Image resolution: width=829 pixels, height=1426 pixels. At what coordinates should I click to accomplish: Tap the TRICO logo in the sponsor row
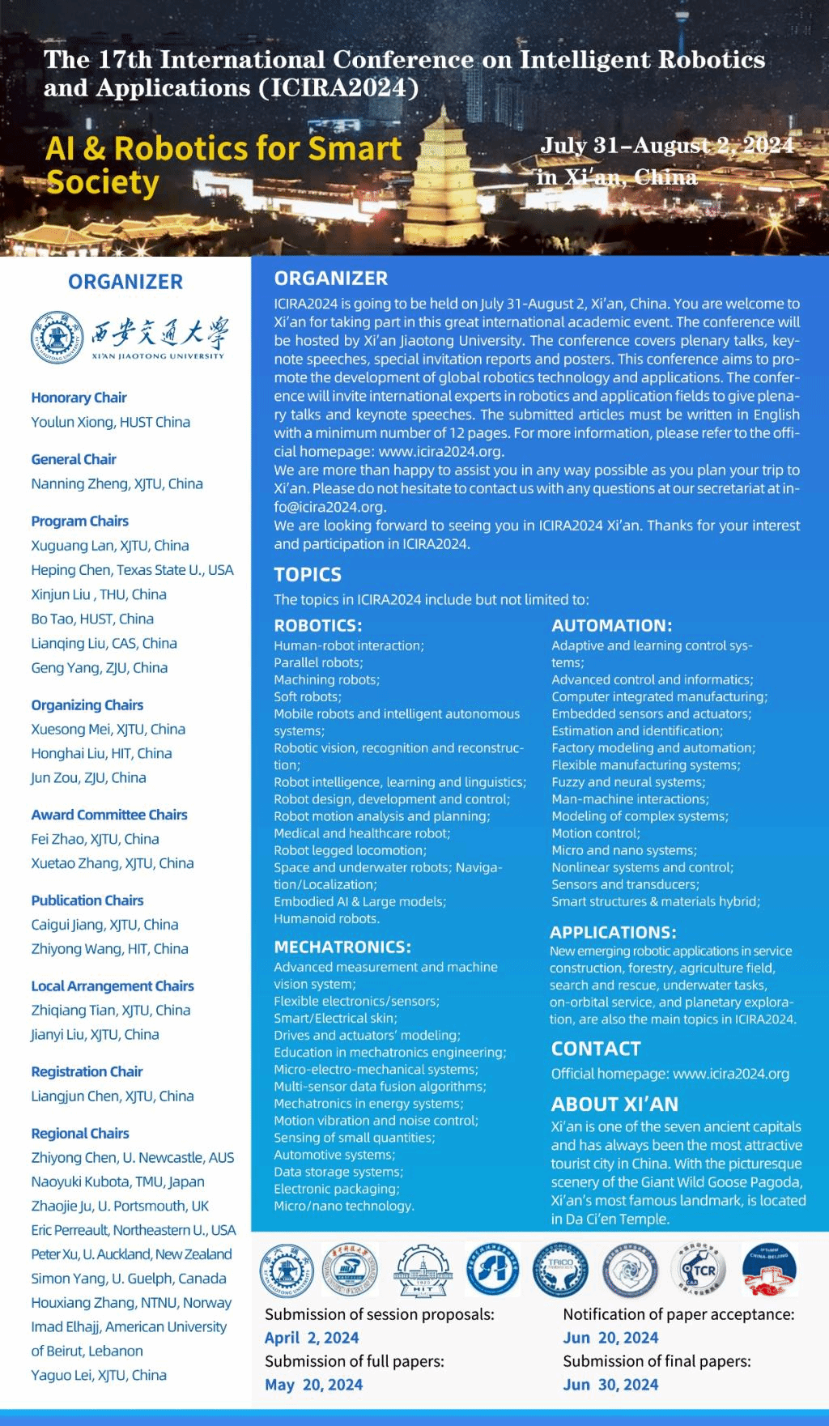click(x=559, y=1269)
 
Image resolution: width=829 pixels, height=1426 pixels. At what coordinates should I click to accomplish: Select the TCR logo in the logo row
click(x=699, y=1269)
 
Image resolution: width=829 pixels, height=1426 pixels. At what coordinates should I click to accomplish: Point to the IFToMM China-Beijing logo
click(x=768, y=1269)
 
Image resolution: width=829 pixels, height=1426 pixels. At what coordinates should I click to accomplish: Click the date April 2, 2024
click(x=312, y=1338)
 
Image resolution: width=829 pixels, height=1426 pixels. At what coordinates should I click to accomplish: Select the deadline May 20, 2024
click(x=313, y=1385)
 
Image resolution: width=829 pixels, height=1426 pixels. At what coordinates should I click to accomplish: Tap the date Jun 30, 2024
click(x=610, y=1385)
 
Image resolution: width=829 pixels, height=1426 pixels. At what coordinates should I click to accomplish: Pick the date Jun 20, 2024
click(x=610, y=1338)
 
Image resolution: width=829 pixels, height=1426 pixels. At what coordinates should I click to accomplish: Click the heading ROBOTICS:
click(x=318, y=625)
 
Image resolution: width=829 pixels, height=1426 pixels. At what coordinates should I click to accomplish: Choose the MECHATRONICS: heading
click(x=342, y=947)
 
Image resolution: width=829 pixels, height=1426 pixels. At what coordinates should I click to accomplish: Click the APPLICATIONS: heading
click(x=613, y=932)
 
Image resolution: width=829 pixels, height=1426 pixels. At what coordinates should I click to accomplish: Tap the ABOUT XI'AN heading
click(x=614, y=1104)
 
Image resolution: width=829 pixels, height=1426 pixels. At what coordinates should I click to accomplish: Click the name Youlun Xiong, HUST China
click(x=111, y=422)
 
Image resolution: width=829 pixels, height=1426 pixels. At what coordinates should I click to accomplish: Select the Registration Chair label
click(x=87, y=1071)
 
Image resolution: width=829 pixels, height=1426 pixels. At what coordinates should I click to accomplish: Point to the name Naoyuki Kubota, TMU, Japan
click(x=117, y=1181)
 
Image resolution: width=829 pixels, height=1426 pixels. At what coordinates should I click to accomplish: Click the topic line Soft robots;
click(x=308, y=696)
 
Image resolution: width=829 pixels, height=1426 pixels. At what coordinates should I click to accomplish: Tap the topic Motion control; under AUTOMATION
click(x=596, y=832)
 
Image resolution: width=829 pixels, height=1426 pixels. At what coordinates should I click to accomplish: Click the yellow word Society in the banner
click(x=103, y=183)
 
